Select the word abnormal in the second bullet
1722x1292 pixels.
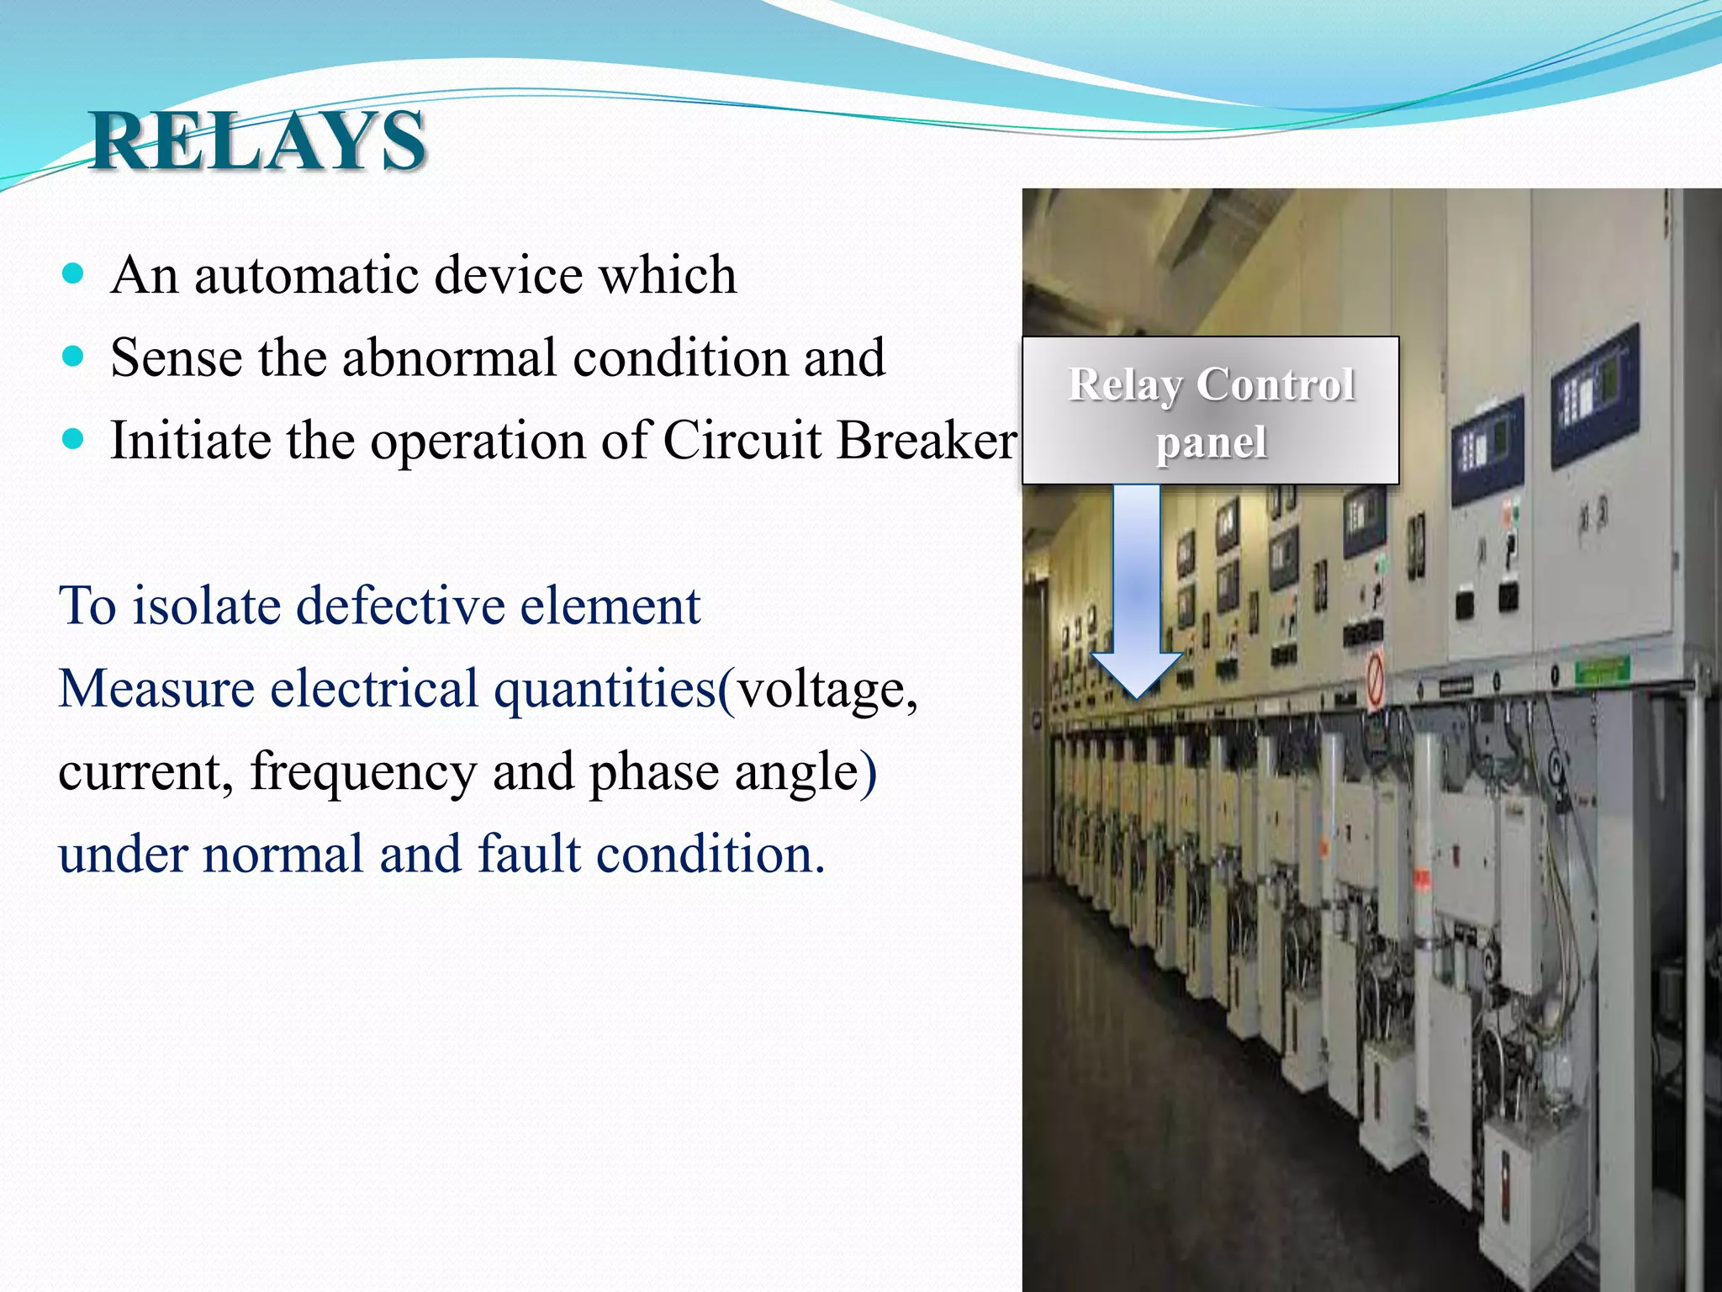point(449,357)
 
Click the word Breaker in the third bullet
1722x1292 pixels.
point(925,440)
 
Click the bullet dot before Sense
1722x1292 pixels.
point(74,357)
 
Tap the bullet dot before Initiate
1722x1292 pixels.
point(74,439)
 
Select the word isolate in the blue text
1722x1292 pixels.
point(207,606)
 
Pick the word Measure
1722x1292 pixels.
point(156,688)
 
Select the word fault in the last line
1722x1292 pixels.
point(529,854)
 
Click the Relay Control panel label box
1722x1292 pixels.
point(1210,410)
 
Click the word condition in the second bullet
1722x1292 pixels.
point(679,357)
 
